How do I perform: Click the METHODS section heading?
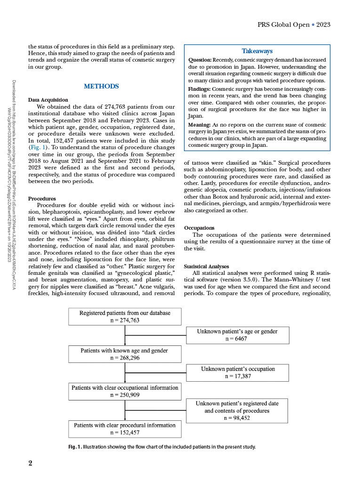pos(101,87)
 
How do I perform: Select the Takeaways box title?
pos(257,51)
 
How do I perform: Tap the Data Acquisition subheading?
pos(48,100)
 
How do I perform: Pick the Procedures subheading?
pos(42,199)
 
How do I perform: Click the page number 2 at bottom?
pos(30,463)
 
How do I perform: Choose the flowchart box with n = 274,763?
pos(125,316)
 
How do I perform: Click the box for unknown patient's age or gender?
pos(237,335)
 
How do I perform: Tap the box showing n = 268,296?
pos(125,354)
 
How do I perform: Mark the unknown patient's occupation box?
pos(238,372)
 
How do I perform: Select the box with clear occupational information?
pos(125,391)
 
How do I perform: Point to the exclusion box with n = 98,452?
pos(237,410)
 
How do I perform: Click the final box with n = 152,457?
pos(125,428)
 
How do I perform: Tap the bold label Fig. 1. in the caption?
pos(75,447)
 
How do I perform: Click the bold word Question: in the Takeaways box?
pos(200,60)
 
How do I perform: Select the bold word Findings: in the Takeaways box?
pos(200,88)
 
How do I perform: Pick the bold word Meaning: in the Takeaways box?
pos(200,125)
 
